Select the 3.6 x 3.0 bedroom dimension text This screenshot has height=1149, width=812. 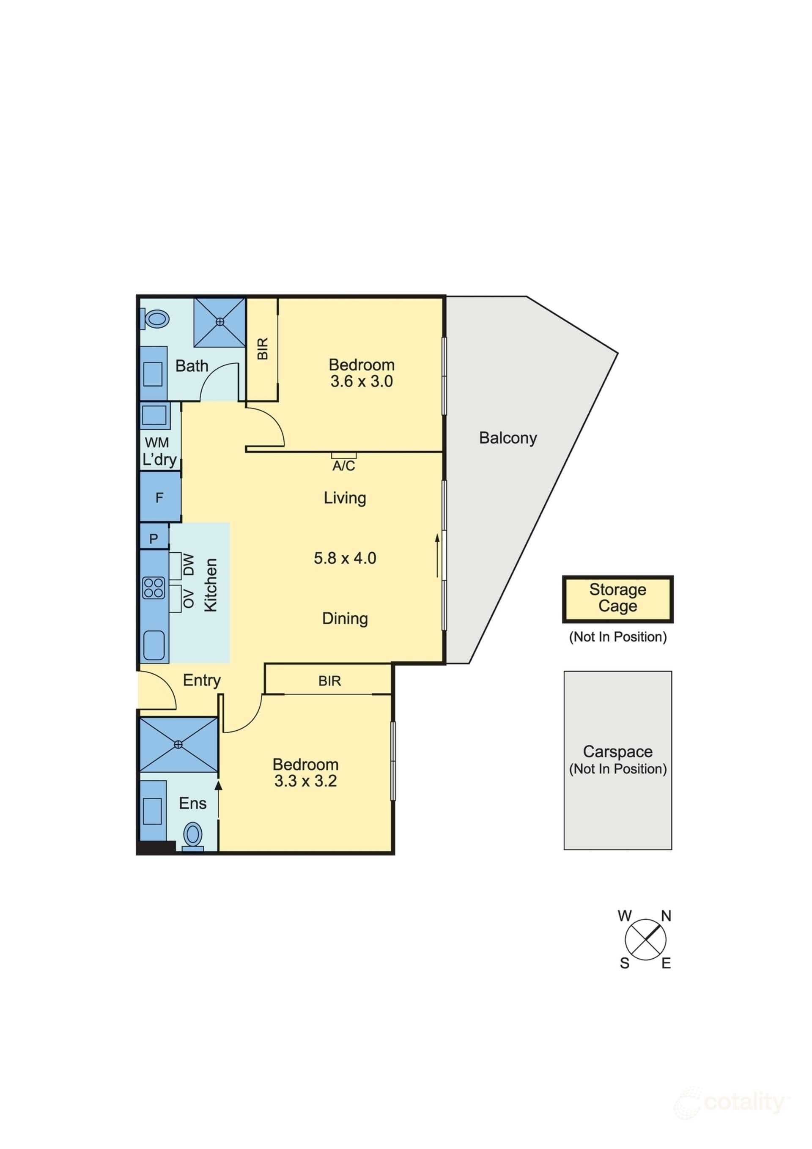click(362, 381)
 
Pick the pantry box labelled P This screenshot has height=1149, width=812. click(154, 538)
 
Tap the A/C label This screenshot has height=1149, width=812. click(343, 466)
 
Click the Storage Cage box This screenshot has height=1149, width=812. click(617, 598)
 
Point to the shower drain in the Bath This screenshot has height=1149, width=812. click(220, 322)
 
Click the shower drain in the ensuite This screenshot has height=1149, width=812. click(178, 745)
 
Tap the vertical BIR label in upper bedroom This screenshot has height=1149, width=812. click(263, 348)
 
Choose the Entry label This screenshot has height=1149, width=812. click(202, 680)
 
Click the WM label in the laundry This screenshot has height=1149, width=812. click(157, 442)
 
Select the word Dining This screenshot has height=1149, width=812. click(345, 619)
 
